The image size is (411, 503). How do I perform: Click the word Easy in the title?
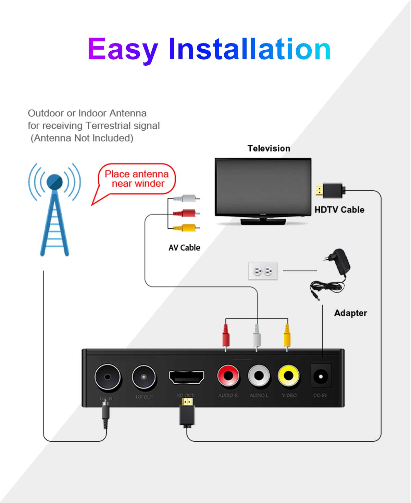click(122, 50)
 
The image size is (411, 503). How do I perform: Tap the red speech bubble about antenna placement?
click(137, 179)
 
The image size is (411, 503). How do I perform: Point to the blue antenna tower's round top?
click(54, 182)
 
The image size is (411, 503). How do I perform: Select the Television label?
click(269, 148)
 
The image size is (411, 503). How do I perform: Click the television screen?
click(263, 186)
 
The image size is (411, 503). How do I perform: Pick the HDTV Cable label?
click(339, 209)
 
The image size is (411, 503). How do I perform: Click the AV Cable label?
click(184, 247)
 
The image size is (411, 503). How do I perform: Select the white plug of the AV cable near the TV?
click(187, 198)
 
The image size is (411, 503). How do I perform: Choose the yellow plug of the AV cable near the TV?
click(187, 228)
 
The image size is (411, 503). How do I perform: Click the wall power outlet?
click(263, 271)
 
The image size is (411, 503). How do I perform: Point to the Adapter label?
click(350, 313)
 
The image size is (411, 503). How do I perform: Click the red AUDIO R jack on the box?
click(228, 375)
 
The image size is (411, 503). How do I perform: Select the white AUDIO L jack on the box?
click(259, 375)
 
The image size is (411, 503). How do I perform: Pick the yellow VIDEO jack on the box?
click(289, 375)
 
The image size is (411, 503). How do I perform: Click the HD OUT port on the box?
click(186, 377)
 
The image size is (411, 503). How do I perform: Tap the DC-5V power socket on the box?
click(321, 377)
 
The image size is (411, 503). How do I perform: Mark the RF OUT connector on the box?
click(144, 377)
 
